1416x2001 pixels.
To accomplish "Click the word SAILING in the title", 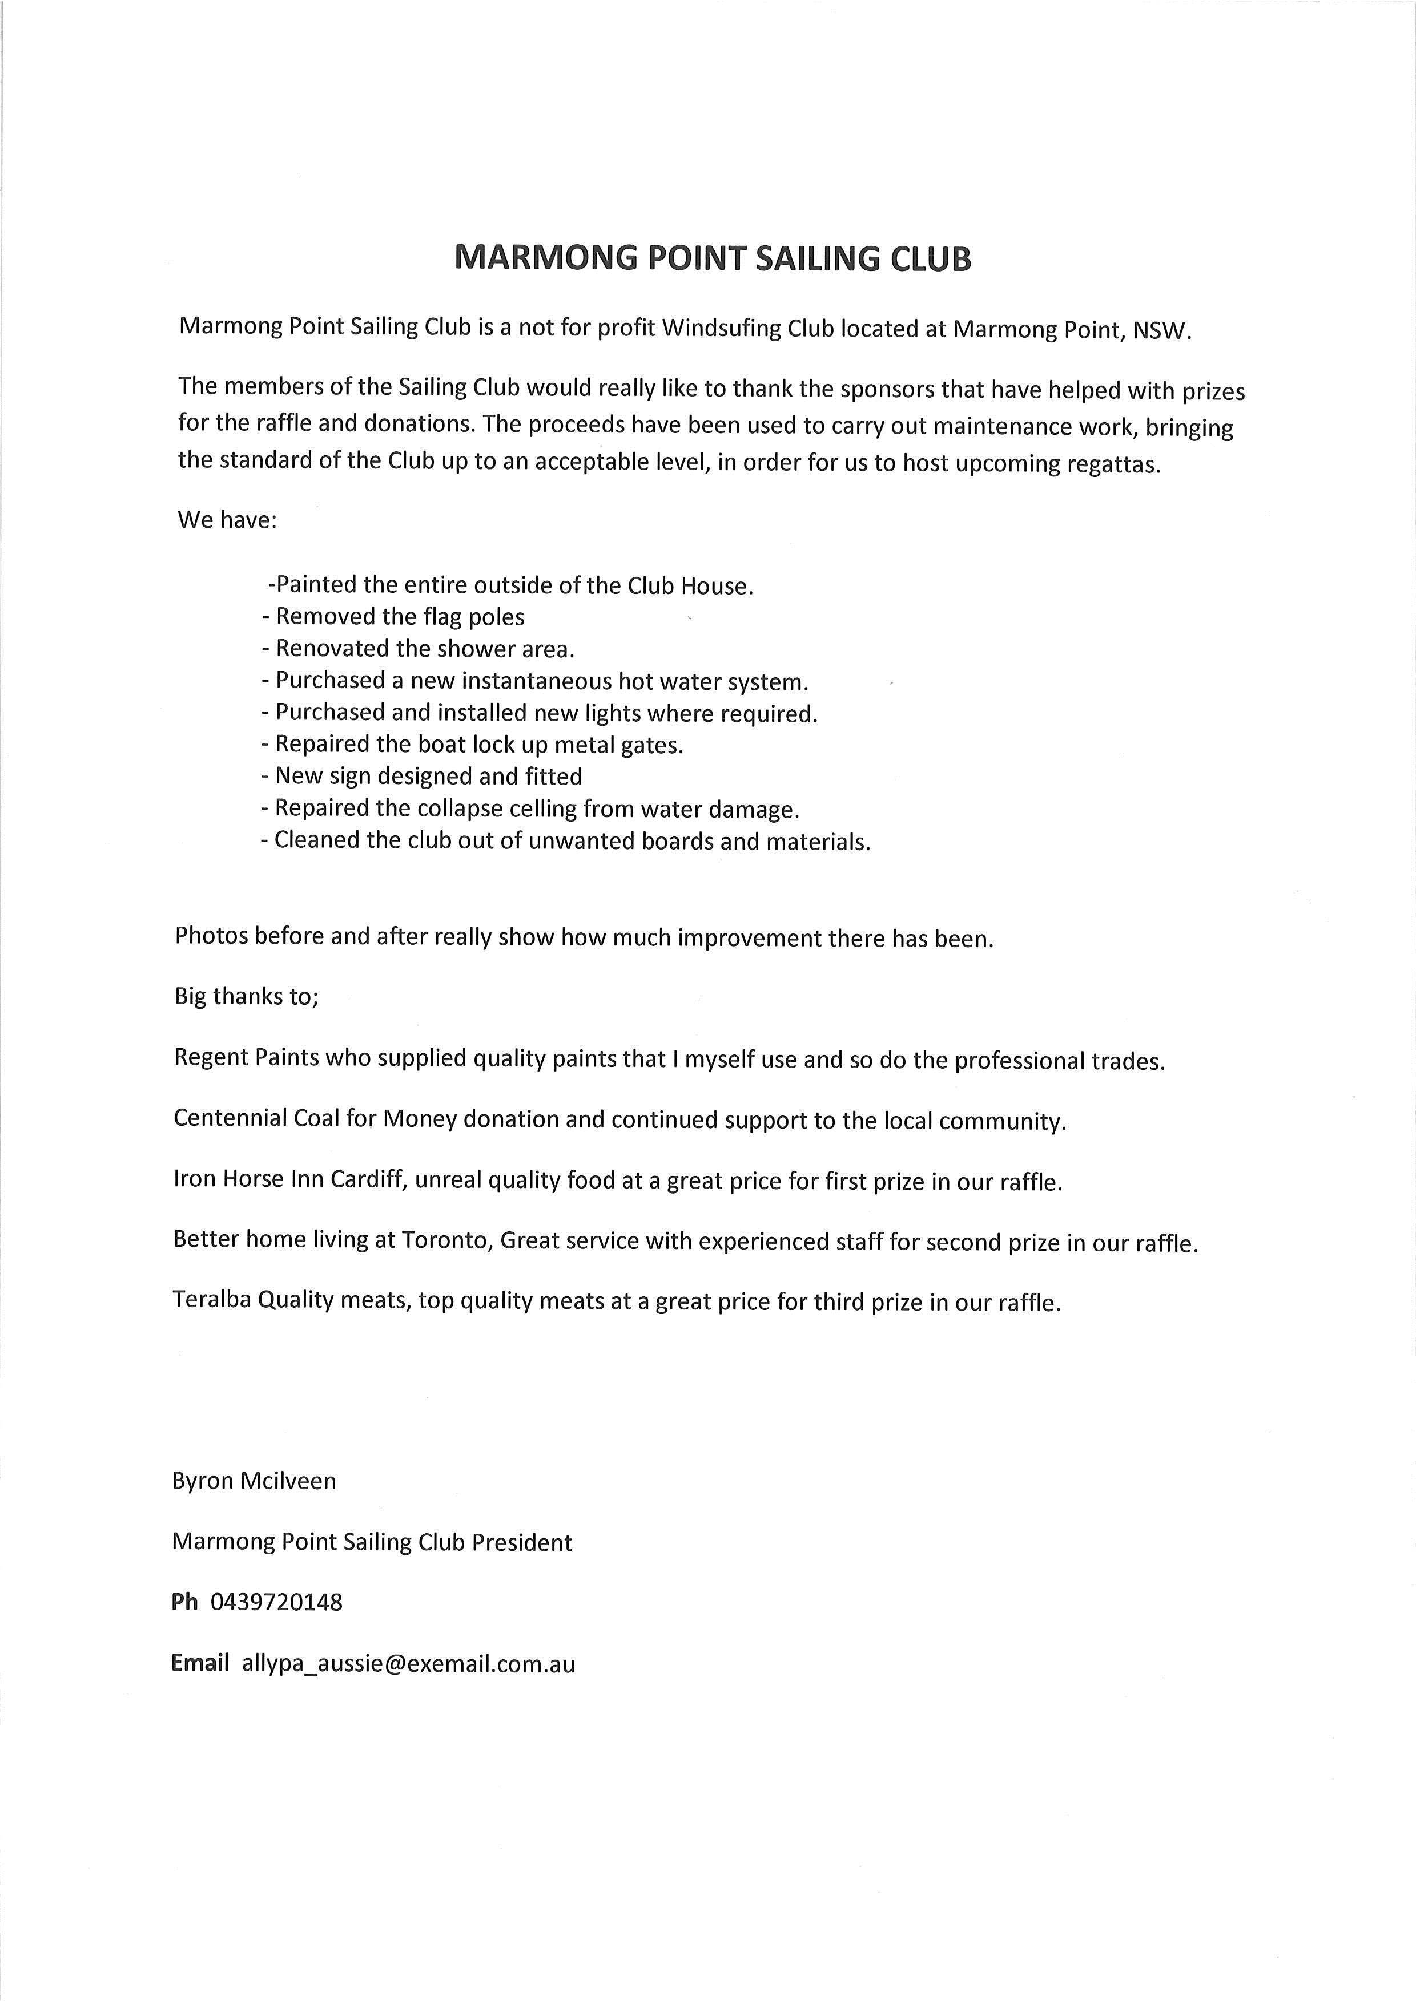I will point(815,259).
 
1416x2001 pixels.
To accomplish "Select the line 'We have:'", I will point(228,520).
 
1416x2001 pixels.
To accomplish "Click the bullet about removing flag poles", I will point(393,617).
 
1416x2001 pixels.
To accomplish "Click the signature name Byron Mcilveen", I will point(254,1481).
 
